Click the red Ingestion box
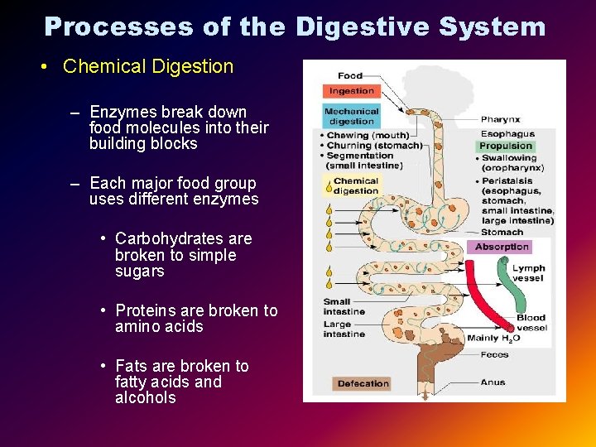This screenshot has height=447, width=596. pos(352,91)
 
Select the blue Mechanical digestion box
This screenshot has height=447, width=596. pos(351,117)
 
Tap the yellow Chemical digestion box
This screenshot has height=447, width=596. pos(355,186)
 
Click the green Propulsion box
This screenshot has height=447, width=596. pos(507,147)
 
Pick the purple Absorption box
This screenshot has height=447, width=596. pos(502,247)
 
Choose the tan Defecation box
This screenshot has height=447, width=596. pos(363,383)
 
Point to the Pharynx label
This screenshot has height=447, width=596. pos(500,120)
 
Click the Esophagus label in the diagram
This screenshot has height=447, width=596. pos(507,133)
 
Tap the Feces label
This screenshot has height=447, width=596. pos(495,355)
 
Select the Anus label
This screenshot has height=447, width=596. pos(493,382)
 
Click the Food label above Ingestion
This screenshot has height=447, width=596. pos(349,76)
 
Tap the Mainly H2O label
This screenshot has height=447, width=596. pos(493,338)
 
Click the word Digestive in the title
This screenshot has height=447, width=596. pos(362,27)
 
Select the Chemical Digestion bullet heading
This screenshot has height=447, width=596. pos(148,66)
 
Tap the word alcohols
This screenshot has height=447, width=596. pos(146,398)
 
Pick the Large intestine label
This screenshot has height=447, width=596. pos(344,329)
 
